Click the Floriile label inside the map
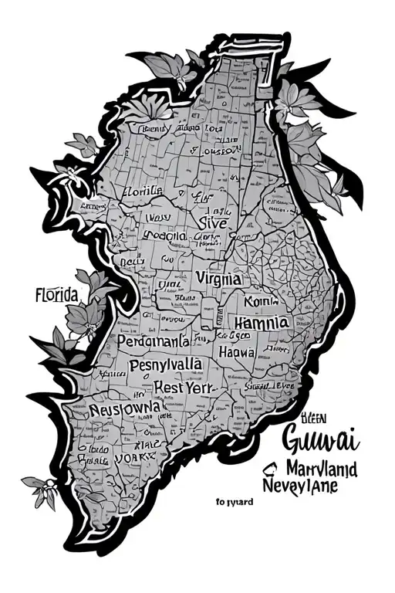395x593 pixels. pos(143,191)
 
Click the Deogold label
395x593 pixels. pos(164,236)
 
